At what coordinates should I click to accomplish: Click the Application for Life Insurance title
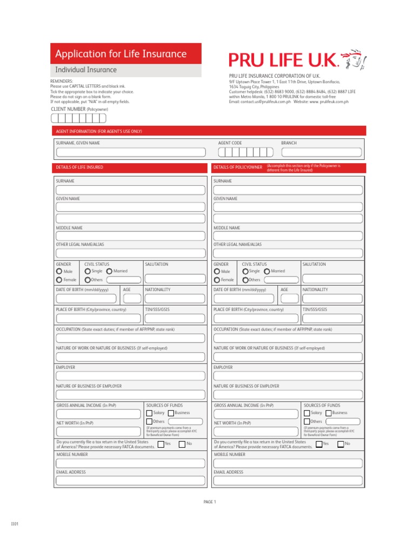(121, 54)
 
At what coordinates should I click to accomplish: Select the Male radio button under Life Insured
(59, 272)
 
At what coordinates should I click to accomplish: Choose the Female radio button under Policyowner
(217, 280)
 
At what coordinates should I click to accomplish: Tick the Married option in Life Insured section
(110, 271)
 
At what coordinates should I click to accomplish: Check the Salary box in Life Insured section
(149, 413)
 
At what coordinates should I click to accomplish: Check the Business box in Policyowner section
(329, 413)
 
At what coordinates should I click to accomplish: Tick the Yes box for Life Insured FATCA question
(160, 444)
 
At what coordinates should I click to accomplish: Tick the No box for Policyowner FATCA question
(340, 444)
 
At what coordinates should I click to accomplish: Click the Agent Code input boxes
(246, 152)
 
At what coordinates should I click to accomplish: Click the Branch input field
(321, 152)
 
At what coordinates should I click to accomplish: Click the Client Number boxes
(78, 118)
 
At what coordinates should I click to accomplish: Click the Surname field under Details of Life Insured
(130, 190)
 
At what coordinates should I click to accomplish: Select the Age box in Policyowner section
(290, 299)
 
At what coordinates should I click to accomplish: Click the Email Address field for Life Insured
(130, 481)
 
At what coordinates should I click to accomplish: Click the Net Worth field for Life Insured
(99, 431)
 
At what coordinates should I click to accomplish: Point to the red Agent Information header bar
(208, 131)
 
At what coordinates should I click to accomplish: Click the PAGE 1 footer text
(210, 502)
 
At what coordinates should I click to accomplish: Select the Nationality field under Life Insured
(175, 299)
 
